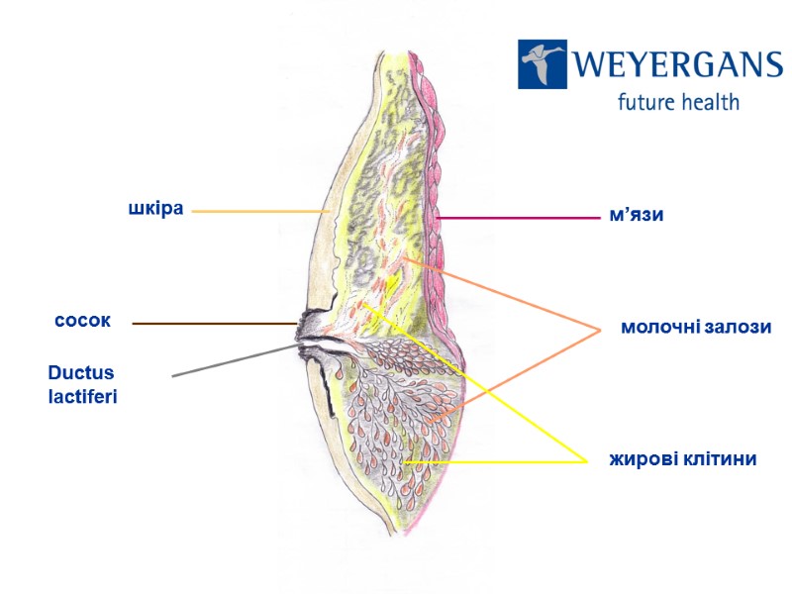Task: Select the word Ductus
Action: pyautogui.click(x=81, y=373)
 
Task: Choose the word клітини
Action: pyautogui.click(x=721, y=459)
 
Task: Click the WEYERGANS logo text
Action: pyautogui.click(x=676, y=66)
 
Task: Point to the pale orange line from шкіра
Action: pyautogui.click(x=259, y=211)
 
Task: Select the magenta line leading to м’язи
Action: pyautogui.click(x=515, y=217)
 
